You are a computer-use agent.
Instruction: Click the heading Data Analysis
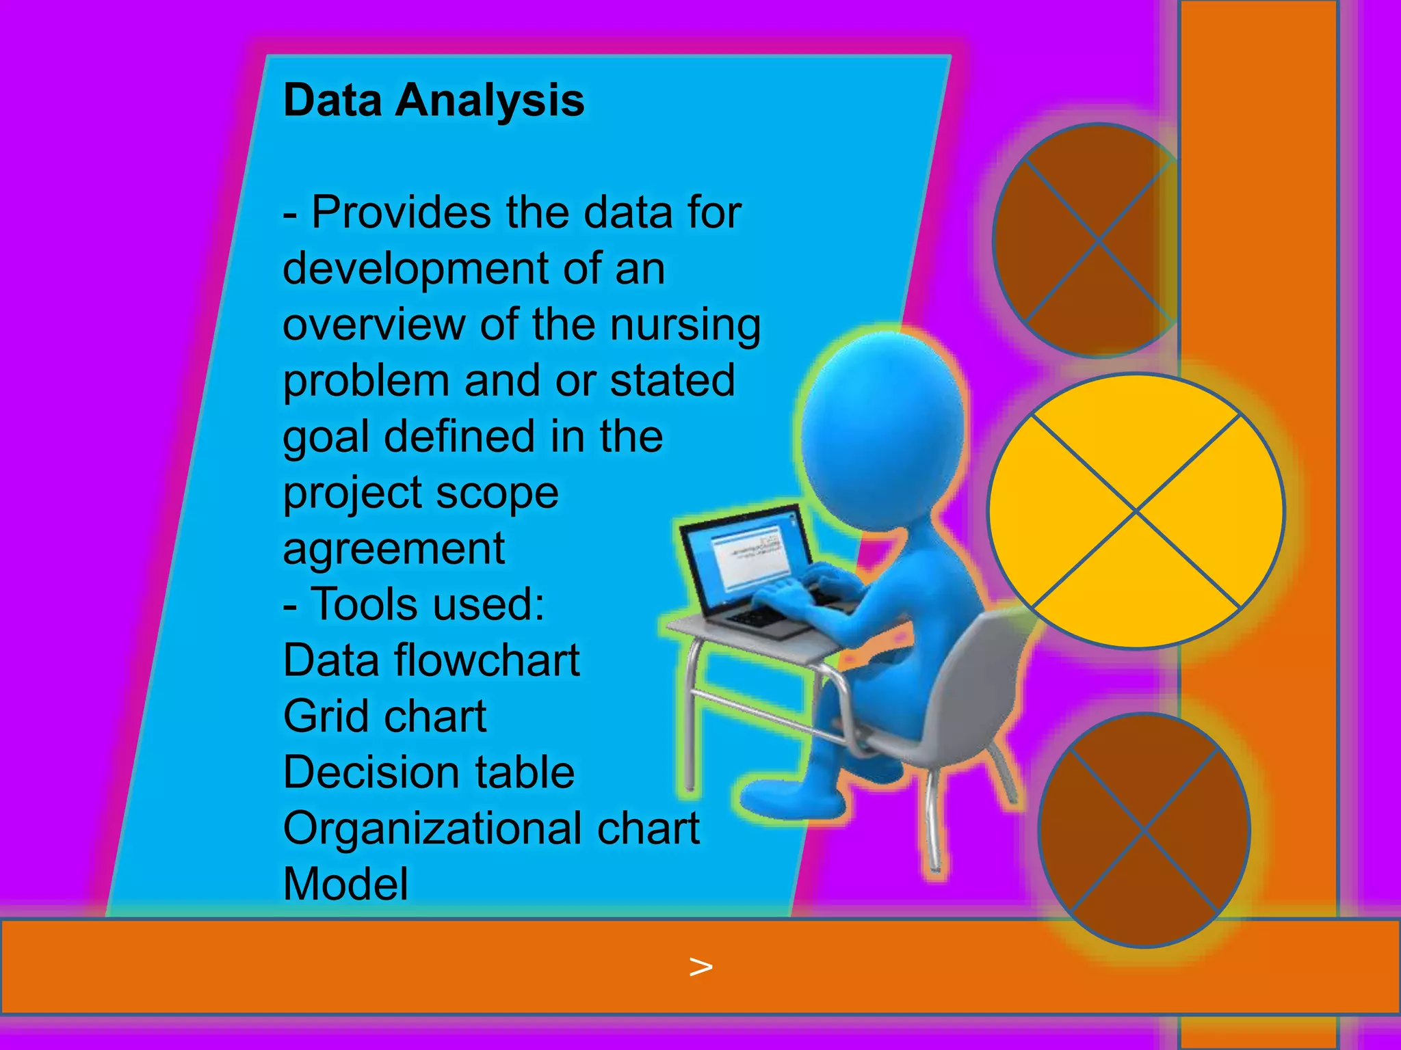click(434, 100)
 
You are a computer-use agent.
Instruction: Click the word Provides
click(401, 213)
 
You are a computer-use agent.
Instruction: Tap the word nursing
click(685, 325)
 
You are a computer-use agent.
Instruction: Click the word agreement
click(393, 549)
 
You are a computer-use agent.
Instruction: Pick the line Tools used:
click(415, 605)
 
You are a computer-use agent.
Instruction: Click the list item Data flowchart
click(431, 661)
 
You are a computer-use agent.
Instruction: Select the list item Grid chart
click(384, 717)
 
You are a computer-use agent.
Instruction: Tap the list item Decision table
click(428, 773)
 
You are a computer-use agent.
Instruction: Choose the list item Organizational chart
click(491, 829)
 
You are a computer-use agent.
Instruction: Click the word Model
click(345, 885)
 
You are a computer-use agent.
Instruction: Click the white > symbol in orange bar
click(700, 967)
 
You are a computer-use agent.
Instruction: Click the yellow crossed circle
click(1136, 511)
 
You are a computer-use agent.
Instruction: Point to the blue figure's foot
click(787, 797)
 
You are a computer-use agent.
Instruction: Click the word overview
click(374, 325)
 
